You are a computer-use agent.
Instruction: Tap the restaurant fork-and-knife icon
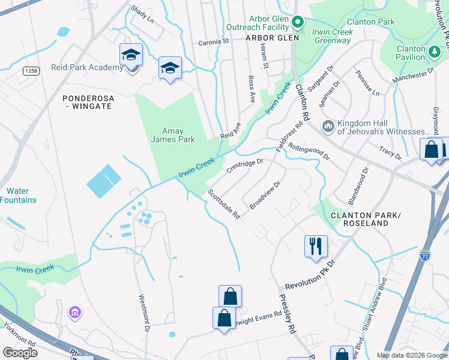(316, 245)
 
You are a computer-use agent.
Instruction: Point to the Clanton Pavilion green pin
(433, 52)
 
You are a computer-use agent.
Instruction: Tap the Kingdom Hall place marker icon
(328, 126)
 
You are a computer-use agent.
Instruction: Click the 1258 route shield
(31, 71)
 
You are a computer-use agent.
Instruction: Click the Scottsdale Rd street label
(224, 205)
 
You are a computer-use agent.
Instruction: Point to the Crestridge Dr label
(245, 166)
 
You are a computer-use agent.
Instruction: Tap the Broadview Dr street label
(265, 196)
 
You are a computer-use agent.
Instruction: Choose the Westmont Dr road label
(143, 313)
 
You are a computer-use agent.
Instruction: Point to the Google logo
(20, 353)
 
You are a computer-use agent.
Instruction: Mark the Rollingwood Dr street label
(309, 151)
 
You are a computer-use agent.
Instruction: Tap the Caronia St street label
(214, 42)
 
